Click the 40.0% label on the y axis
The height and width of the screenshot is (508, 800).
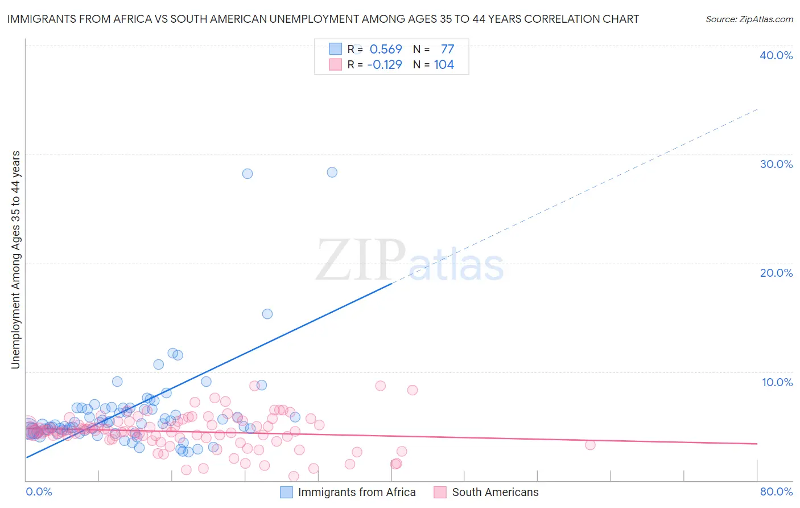[x=776, y=55]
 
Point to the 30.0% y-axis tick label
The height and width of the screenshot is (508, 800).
[x=776, y=164]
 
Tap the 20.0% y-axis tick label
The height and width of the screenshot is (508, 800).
[x=776, y=273]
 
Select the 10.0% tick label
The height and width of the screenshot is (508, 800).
[x=777, y=382]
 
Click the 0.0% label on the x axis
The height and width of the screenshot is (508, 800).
[x=39, y=491]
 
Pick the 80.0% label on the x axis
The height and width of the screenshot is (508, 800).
[x=776, y=491]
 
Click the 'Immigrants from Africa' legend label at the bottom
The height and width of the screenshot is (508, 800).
[x=357, y=492]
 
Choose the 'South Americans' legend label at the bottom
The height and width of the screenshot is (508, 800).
[x=495, y=492]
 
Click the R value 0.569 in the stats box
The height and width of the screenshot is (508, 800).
[x=386, y=49]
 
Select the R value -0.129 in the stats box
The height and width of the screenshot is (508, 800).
[x=385, y=64]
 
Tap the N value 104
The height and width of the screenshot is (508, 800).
[x=444, y=64]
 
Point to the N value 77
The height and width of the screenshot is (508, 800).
[x=447, y=49]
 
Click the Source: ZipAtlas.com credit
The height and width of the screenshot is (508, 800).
[x=749, y=19]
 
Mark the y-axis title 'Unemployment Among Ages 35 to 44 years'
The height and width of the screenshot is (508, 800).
[x=16, y=260]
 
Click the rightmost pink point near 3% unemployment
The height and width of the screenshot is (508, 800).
[x=590, y=445]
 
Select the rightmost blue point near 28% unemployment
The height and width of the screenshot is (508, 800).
[x=332, y=172]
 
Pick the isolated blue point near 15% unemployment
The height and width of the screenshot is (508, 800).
[x=267, y=314]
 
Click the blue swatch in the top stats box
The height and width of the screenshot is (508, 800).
[x=336, y=49]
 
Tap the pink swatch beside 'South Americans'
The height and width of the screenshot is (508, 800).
[x=440, y=492]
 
